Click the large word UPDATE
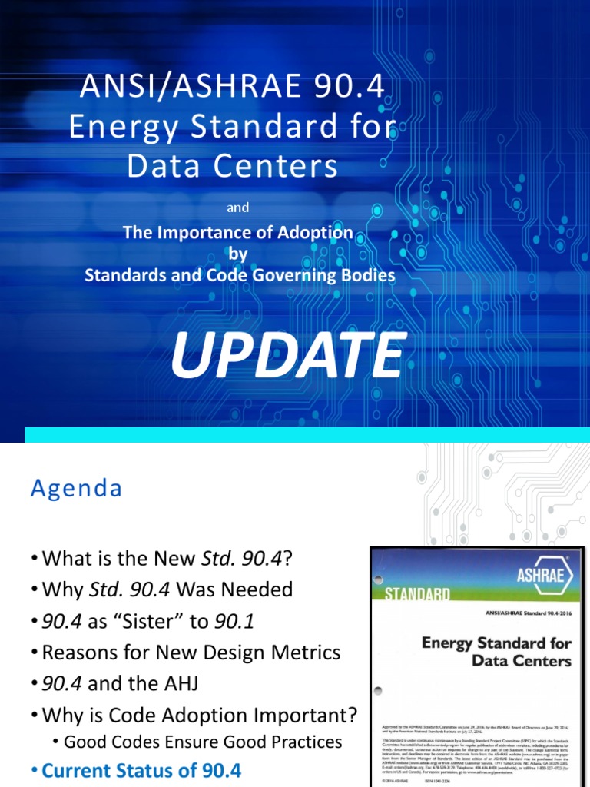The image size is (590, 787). click(287, 357)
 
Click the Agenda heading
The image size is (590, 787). click(76, 489)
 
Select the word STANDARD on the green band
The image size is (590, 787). click(417, 594)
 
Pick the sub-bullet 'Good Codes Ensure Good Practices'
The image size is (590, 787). click(203, 742)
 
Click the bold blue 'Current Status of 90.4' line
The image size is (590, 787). click(141, 770)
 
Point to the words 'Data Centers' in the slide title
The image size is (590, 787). click(232, 165)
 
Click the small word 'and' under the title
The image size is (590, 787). click(238, 208)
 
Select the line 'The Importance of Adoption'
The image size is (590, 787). click(238, 233)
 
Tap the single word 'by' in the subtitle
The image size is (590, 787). click(238, 254)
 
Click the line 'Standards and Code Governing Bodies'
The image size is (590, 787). click(240, 275)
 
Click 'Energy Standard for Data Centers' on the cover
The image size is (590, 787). click(496, 652)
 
